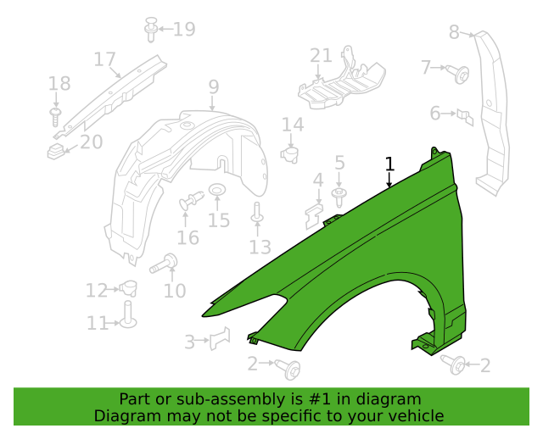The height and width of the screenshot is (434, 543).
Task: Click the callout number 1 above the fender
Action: pyautogui.click(x=389, y=164)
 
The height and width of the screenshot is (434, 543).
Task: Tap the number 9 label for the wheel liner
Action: pyautogui.click(x=213, y=86)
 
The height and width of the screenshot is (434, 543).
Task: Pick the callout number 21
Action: pyautogui.click(x=321, y=56)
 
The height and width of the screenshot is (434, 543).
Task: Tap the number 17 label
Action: pyautogui.click(x=104, y=59)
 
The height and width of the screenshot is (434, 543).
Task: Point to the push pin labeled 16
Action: pyautogui.click(x=191, y=202)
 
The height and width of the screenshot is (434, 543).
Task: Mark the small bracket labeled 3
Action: pyautogui.click(x=221, y=338)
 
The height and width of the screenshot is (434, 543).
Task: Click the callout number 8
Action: pyautogui.click(x=454, y=32)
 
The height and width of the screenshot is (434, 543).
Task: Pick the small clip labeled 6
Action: pyautogui.click(x=463, y=114)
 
